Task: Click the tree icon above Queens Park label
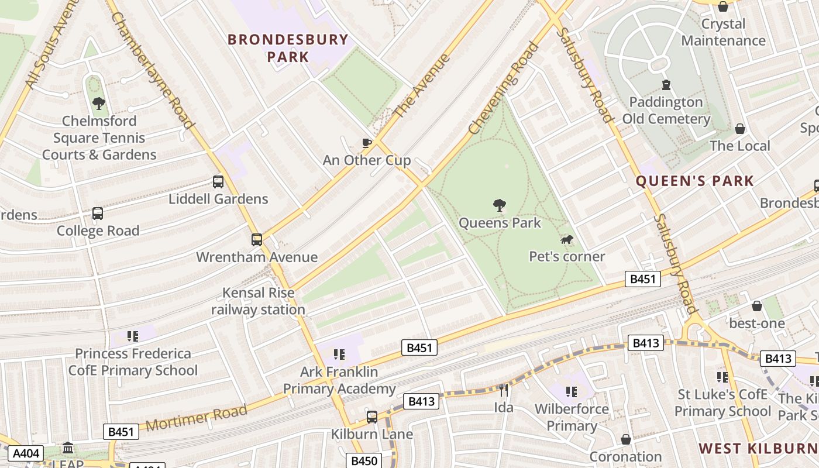499,205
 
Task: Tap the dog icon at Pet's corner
566,239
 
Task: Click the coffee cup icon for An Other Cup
367,143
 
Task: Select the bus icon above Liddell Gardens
218,182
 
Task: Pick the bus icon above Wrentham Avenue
257,239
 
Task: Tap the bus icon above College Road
98,214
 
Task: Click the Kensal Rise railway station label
258,301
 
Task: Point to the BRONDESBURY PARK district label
288,48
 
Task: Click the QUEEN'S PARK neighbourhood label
694,181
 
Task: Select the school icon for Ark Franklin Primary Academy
339,354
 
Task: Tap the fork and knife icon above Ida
503,390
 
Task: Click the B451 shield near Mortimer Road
121,432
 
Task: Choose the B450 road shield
363,461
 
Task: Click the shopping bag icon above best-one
757,306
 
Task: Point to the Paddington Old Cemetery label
666,110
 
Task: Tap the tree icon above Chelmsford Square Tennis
99,104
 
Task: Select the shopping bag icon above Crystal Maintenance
723,7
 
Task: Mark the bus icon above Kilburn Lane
372,417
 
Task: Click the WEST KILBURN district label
758,449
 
